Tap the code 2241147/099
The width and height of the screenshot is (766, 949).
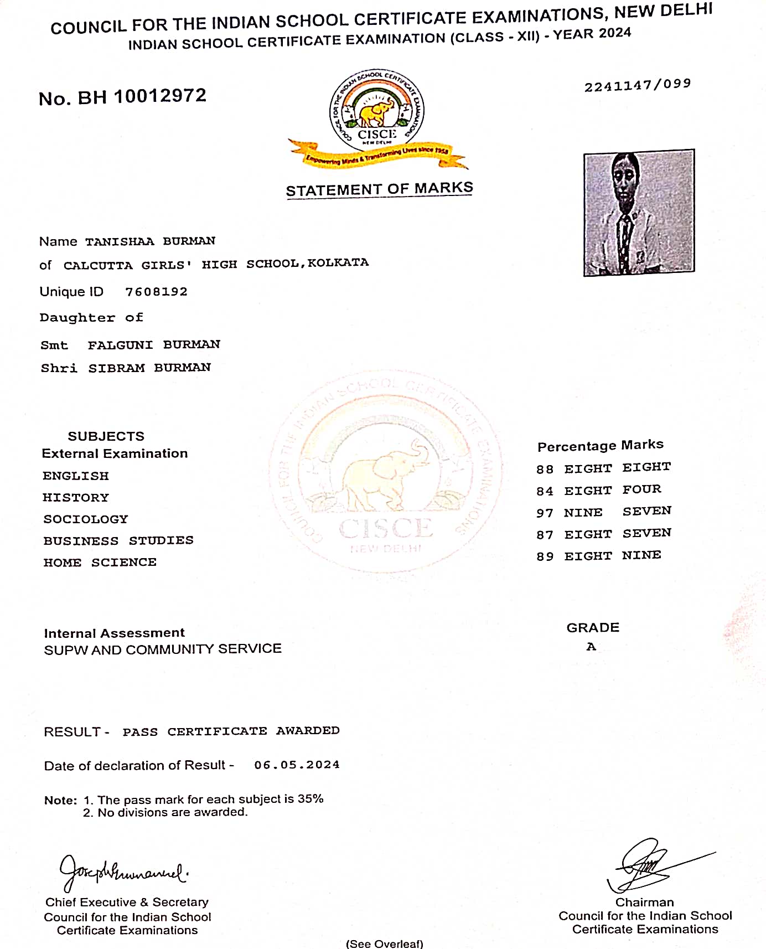(x=638, y=85)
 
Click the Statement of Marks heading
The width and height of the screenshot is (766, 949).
(x=379, y=189)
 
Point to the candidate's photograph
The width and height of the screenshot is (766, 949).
(x=639, y=213)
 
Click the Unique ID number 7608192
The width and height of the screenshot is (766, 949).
(x=156, y=292)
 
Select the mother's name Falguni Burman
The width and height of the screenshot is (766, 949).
(x=154, y=345)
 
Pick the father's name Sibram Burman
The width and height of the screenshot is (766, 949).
(x=149, y=368)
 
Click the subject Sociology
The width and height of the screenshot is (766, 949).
(x=86, y=519)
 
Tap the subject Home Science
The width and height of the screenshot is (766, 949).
(x=100, y=563)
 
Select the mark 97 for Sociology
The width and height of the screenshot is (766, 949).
(x=545, y=513)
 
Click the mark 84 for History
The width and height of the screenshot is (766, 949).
(x=545, y=491)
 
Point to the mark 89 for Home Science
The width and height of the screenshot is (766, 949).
(x=545, y=556)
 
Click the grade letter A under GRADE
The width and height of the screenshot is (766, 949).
(x=591, y=647)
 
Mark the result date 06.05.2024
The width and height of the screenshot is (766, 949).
(x=297, y=765)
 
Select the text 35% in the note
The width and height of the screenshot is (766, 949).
(x=310, y=799)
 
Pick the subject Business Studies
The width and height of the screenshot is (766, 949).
(x=118, y=540)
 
